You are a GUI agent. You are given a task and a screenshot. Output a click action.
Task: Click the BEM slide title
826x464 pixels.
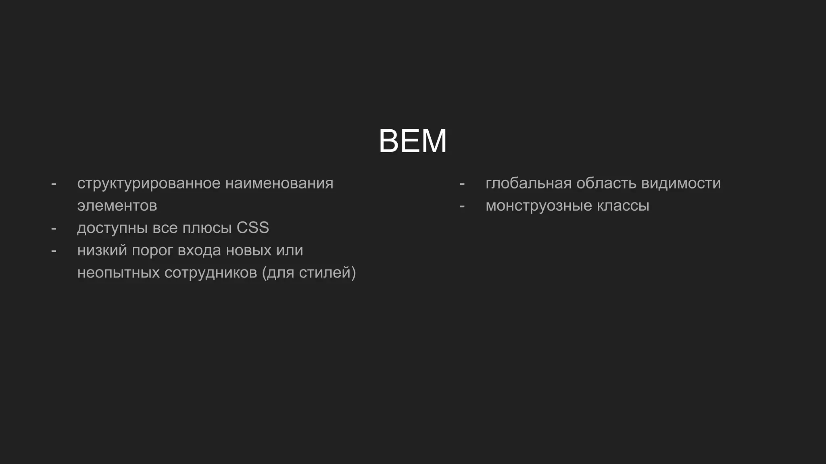point(413,141)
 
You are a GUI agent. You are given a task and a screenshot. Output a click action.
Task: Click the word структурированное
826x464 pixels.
point(149,184)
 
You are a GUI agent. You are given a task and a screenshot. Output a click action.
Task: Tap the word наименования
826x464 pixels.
point(279,184)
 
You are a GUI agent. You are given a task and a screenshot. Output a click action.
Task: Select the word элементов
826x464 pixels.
point(117,206)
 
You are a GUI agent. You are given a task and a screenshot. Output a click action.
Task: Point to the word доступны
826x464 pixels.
point(113,228)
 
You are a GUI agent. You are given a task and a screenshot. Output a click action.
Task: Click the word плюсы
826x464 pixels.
point(207,228)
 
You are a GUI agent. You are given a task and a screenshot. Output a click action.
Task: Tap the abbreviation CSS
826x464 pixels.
point(252,228)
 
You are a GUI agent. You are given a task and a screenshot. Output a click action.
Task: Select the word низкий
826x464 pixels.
point(102,251)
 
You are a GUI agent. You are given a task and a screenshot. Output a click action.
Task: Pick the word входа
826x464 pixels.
point(199,251)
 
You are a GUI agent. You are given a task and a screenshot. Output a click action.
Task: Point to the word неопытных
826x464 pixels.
point(119,273)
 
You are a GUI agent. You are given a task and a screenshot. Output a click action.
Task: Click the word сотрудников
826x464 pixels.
point(211,273)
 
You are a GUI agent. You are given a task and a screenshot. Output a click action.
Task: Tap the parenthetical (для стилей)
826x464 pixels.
point(309,273)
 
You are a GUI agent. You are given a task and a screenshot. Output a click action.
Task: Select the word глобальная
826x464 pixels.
point(528,184)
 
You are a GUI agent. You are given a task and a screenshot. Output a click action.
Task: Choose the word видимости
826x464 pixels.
point(681,184)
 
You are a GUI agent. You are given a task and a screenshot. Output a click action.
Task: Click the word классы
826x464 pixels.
point(623,206)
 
